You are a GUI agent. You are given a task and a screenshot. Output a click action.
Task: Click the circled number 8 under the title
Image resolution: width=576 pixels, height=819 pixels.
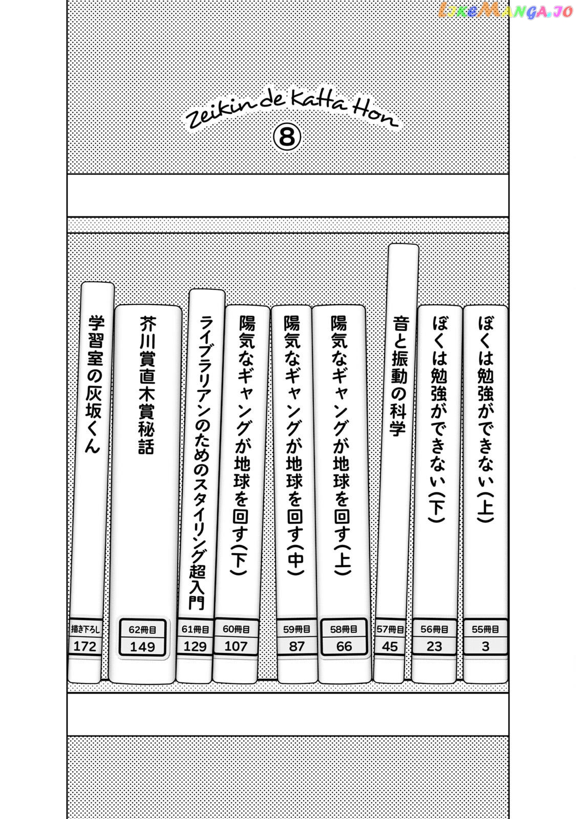(287, 138)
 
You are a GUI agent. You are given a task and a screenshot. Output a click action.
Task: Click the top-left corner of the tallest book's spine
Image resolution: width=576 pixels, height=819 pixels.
(389, 245)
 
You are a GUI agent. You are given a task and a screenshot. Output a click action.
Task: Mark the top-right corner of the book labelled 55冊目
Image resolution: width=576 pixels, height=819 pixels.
(507, 307)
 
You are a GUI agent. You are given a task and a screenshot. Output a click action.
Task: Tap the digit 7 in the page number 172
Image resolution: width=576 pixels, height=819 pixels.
(84, 646)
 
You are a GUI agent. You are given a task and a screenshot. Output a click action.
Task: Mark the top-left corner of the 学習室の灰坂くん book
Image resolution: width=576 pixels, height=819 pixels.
(82, 284)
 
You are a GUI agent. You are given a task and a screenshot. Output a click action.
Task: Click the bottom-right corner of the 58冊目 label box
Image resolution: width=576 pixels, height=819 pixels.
(367, 654)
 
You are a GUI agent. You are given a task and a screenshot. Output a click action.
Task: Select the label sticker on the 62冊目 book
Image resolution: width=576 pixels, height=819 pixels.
(142, 637)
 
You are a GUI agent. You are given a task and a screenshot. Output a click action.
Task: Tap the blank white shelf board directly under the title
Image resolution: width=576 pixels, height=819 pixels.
(288, 195)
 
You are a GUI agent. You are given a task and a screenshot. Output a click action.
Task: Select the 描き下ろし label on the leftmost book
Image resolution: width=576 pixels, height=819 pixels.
(85, 629)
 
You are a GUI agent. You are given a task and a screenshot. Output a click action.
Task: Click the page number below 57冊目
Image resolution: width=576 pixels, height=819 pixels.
(390, 646)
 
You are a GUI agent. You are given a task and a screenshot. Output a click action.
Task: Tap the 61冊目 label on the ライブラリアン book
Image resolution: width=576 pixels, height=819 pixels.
(195, 629)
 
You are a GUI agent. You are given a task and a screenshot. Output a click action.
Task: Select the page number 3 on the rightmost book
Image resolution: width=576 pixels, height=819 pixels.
(485, 646)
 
